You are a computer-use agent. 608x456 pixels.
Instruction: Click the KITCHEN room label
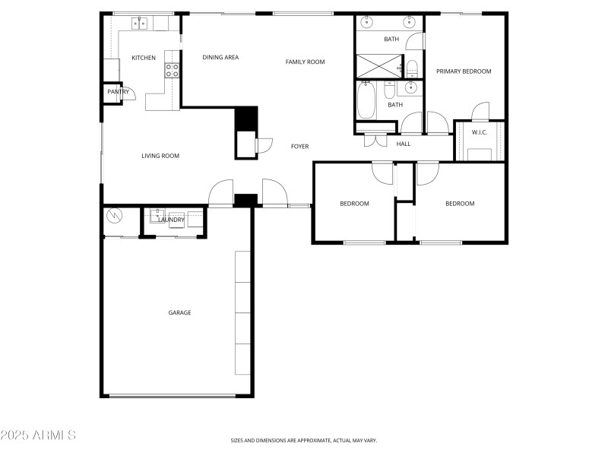click(144, 58)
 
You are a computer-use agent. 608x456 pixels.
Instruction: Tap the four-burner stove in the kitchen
click(173, 71)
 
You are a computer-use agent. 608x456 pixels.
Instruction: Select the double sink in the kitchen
click(140, 24)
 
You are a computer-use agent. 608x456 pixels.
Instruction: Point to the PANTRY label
click(118, 92)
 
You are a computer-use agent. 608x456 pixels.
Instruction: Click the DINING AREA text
click(220, 57)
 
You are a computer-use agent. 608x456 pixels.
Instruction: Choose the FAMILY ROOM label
click(305, 62)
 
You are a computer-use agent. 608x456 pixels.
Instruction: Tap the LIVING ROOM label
click(160, 156)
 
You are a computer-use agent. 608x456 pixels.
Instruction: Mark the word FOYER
click(299, 146)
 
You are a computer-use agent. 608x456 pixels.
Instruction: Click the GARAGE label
click(179, 312)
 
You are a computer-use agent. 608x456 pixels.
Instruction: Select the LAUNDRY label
click(171, 220)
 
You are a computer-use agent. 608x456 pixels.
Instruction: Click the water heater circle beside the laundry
click(115, 217)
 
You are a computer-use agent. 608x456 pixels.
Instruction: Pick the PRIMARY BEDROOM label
click(464, 71)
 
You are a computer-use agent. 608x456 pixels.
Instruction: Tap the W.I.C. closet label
click(480, 132)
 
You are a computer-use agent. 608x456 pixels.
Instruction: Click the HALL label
click(404, 144)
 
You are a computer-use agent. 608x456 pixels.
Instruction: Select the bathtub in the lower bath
click(367, 101)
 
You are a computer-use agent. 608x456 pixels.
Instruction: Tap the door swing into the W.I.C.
click(480, 112)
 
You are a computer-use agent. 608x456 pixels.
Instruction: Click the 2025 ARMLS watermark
click(38, 435)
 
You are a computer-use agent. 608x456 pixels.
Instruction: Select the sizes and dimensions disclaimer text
click(303, 440)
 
